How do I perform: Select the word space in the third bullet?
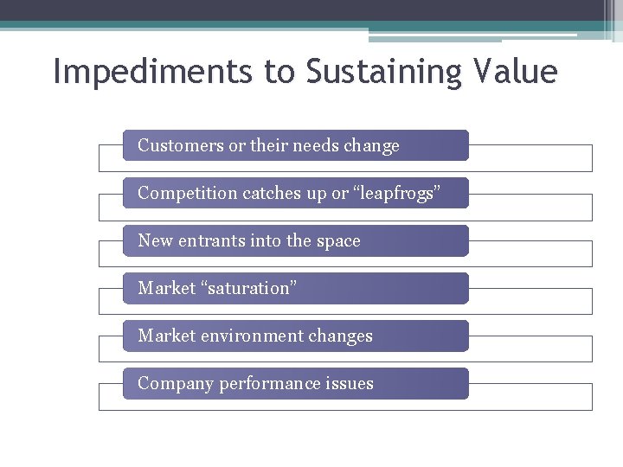(338, 241)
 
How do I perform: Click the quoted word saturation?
(249, 288)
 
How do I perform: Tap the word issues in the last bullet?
(350, 383)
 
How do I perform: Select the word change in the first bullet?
(371, 146)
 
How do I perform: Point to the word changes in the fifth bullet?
(344, 336)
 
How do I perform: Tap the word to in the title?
(279, 72)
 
